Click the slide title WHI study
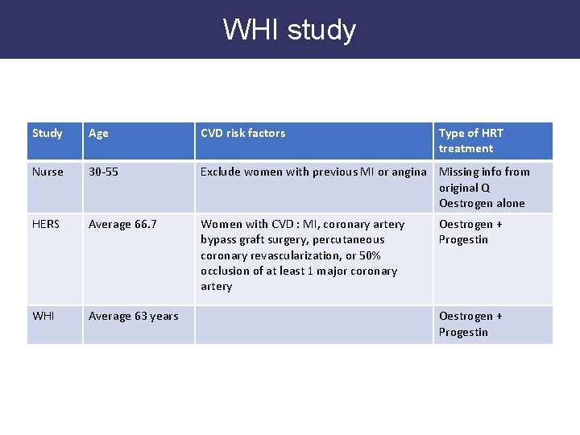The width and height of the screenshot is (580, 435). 289,30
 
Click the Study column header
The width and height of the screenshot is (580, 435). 47,133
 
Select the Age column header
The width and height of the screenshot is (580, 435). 98,133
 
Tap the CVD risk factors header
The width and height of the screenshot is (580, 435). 242,133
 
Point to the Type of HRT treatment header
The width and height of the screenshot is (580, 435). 471,140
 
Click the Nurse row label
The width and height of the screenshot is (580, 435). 48,172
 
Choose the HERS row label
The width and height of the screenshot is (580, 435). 46,224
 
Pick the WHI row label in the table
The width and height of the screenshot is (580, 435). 43,316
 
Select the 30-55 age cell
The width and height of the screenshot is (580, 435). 104,172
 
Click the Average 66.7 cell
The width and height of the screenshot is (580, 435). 122,224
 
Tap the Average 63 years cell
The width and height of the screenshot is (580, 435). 133,316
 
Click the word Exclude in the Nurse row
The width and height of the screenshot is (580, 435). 220,172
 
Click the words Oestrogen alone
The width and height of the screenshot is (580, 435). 482,203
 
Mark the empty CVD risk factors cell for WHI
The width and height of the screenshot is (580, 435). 314,324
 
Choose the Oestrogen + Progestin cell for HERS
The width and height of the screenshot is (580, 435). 470,232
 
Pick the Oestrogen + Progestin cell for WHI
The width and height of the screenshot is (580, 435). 470,324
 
